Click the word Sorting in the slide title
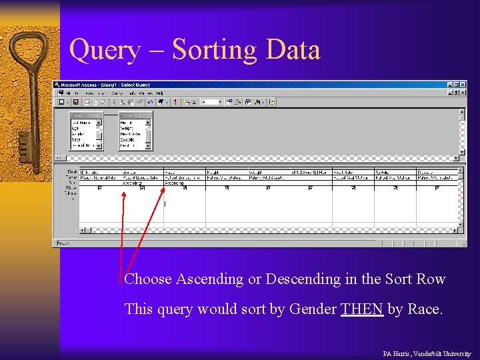click(214, 50)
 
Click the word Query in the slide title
click(105, 50)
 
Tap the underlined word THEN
click(362, 309)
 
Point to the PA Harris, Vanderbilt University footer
click(427, 353)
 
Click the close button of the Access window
click(463, 85)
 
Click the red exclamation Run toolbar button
click(175, 102)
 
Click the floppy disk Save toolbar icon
click(76, 102)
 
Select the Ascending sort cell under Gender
click(133, 183)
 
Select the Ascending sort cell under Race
click(175, 183)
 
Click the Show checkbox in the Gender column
click(143, 188)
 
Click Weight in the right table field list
click(128, 129)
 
